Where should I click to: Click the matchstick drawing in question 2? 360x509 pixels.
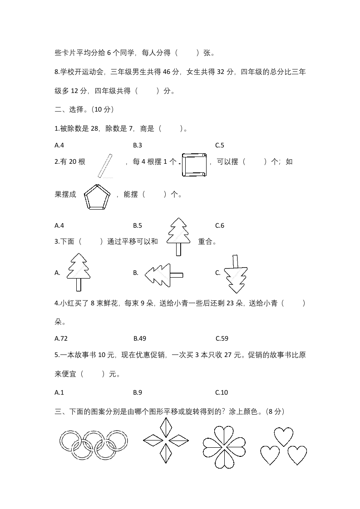coord(105,166)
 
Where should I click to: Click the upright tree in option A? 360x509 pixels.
coord(78,272)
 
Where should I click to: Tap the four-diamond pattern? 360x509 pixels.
coord(166,440)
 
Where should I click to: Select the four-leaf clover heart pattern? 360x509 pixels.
coord(223,446)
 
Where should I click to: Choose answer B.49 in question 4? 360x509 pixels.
coord(140,338)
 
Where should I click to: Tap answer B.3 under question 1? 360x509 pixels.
coord(138,145)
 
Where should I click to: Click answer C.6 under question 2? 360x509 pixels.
coord(220,225)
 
